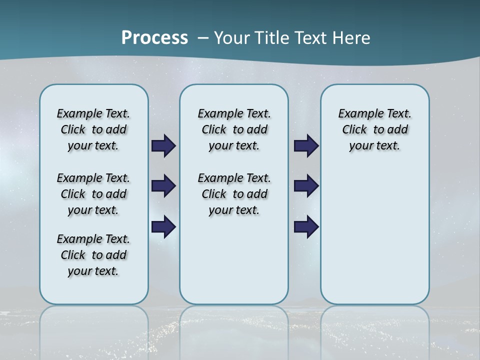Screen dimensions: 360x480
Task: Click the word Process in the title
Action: point(154,38)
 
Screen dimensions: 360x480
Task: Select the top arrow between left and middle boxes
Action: point(163,146)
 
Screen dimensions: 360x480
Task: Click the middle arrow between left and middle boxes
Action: point(163,186)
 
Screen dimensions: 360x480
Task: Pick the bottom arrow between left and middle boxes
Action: point(163,227)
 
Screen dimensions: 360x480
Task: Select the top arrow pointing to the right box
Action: point(306,146)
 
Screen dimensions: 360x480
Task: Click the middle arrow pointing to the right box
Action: point(306,186)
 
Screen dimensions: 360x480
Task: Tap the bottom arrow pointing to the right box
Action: point(306,227)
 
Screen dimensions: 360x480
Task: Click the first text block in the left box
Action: point(93,129)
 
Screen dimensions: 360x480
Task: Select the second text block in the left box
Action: point(93,194)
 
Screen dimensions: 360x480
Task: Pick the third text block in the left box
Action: point(93,255)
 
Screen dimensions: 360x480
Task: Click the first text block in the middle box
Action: point(234,129)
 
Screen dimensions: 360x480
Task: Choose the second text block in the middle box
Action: point(234,194)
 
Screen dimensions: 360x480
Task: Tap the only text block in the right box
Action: point(375,129)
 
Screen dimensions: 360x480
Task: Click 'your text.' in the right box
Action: point(374,146)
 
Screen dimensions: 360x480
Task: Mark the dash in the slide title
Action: point(202,38)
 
